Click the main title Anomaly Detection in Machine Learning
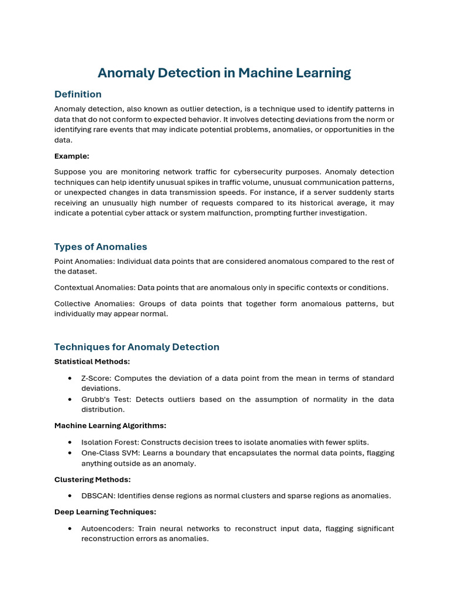(224, 73)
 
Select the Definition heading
(78, 94)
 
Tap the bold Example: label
(72, 156)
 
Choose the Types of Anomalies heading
(101, 246)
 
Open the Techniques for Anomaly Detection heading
(137, 347)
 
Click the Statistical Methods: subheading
(92, 362)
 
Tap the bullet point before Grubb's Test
(70, 400)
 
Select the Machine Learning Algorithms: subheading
(110, 425)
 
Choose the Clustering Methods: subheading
(92, 479)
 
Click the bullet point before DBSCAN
(70, 496)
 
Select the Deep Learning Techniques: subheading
(105, 512)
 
